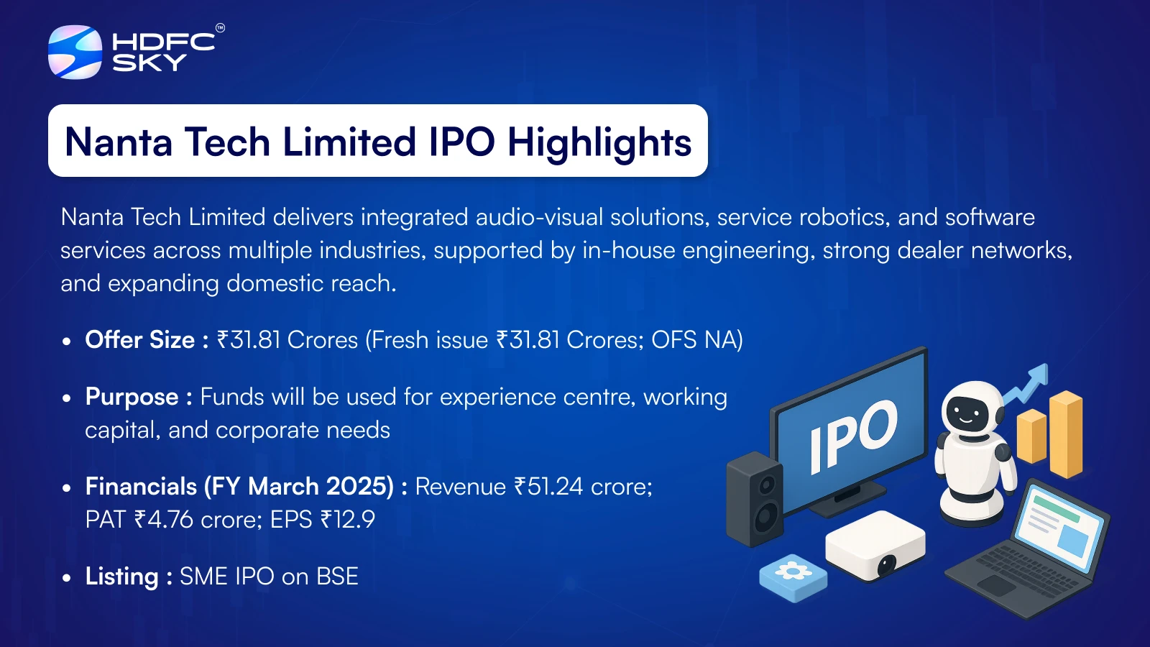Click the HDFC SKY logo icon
point(75,52)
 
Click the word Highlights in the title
point(599,143)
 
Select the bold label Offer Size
point(140,340)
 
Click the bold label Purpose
point(132,397)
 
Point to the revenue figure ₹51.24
point(548,486)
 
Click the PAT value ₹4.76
point(164,519)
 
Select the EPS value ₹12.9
point(348,519)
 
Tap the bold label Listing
point(121,576)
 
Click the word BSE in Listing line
point(337,576)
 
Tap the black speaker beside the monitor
point(754,499)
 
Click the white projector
point(875,546)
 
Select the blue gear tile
point(793,578)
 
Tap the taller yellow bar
point(1066,434)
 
